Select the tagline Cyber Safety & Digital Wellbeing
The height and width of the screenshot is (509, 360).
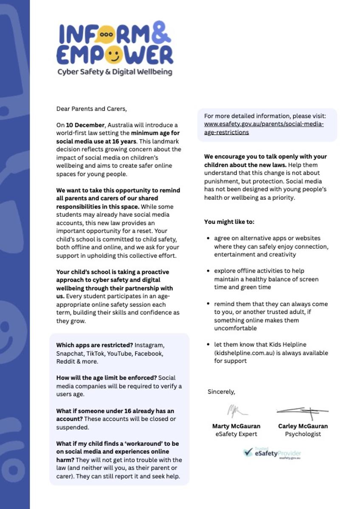(x=115, y=72)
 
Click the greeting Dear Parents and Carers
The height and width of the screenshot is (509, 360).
(x=91, y=109)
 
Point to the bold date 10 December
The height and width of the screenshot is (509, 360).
(x=85, y=125)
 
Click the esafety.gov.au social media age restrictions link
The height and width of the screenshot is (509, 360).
(x=264, y=128)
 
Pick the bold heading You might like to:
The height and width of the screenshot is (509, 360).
(x=229, y=222)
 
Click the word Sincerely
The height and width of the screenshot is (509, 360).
(x=221, y=392)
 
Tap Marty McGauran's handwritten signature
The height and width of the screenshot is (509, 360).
(x=236, y=411)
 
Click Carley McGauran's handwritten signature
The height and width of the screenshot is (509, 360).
(x=303, y=411)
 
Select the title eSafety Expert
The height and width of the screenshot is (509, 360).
(x=236, y=434)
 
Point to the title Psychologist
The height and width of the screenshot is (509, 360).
(x=303, y=434)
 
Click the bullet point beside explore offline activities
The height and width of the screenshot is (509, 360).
(x=208, y=271)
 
